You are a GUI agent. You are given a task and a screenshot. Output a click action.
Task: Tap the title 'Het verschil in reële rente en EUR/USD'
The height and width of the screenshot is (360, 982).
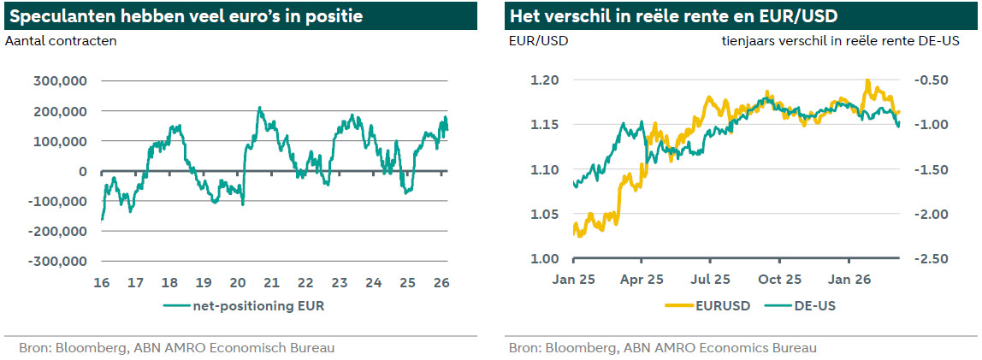[x=672, y=16]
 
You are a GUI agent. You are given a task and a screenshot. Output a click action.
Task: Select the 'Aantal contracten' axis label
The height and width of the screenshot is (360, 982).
[x=61, y=40]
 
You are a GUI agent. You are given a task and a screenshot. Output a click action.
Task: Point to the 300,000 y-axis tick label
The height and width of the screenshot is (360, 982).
[x=58, y=81]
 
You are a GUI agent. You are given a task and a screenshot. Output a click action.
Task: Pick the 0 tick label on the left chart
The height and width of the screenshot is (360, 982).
[x=83, y=171]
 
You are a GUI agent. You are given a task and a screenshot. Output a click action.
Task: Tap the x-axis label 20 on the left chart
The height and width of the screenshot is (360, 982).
[x=238, y=282]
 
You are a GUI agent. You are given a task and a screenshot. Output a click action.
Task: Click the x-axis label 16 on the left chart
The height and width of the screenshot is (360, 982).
[x=102, y=282]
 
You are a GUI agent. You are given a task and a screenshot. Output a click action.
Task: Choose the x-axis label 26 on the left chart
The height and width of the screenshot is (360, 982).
[x=441, y=282]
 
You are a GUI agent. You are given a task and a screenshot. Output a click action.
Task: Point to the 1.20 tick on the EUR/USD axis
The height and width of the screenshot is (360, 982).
[x=544, y=80]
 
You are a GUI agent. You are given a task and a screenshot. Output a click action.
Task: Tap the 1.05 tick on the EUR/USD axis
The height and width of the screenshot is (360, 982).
[x=544, y=214]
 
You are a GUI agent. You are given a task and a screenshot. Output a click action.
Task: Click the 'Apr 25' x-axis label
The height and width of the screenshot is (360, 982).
[x=642, y=279]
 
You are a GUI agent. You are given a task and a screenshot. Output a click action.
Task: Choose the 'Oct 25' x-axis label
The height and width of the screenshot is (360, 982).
[x=780, y=279]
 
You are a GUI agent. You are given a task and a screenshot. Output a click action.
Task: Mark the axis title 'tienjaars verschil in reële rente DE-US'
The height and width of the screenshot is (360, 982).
[x=839, y=40]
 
